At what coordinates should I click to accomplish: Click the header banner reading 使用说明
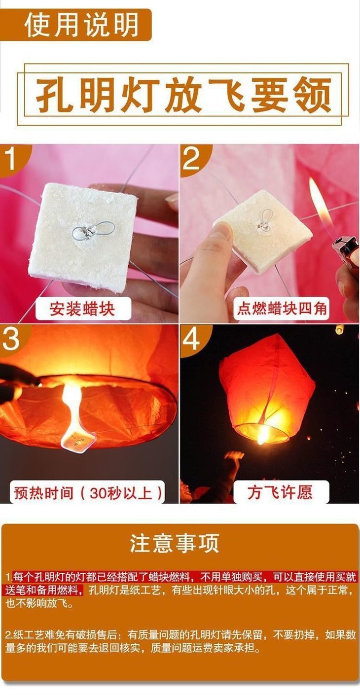click(76, 25)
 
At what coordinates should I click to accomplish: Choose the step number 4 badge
click(192, 340)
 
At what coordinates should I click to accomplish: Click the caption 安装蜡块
click(82, 309)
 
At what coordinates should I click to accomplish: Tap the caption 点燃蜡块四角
click(282, 309)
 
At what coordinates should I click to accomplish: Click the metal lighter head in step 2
click(345, 251)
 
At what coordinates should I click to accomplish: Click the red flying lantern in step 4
click(267, 388)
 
